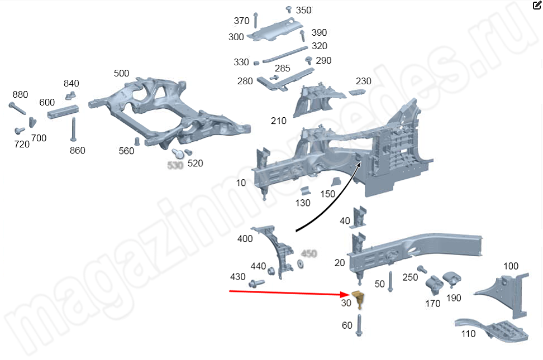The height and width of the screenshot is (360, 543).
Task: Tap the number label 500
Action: coord(121,73)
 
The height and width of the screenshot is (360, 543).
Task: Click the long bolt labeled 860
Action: coord(74,129)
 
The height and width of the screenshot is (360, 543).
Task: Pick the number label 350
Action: coord(303,10)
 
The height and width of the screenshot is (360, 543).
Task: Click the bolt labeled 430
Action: coord(257,283)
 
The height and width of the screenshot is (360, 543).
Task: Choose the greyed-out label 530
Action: coord(175,165)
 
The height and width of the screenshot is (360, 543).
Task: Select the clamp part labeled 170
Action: coord(433,285)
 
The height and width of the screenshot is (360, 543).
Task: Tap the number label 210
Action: coord(278,121)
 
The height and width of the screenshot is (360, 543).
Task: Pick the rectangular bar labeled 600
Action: coord(63,111)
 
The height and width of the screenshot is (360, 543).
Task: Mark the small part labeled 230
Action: coord(356,92)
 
